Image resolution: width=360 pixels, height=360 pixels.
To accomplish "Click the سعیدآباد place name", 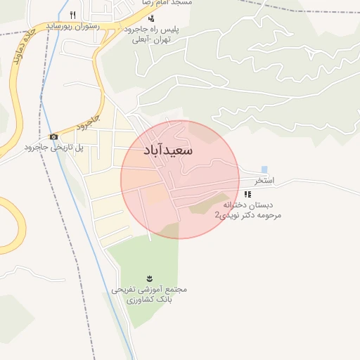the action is click(x=168, y=150).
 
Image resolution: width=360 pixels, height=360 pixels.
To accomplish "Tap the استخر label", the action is click(x=264, y=181).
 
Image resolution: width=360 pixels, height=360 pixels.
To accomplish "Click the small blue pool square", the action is click(x=264, y=169).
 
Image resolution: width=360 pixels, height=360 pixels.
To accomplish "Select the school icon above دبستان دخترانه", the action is click(x=247, y=194).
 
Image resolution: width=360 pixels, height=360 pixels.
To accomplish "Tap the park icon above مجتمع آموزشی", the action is click(x=149, y=278).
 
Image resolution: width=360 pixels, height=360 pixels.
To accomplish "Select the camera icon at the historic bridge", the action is click(x=53, y=136).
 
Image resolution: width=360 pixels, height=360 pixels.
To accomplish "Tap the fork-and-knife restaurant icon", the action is click(x=73, y=15).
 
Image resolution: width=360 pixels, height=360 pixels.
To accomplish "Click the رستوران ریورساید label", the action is click(x=73, y=26).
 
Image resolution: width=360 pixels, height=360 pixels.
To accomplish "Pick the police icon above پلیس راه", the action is click(x=151, y=19).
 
